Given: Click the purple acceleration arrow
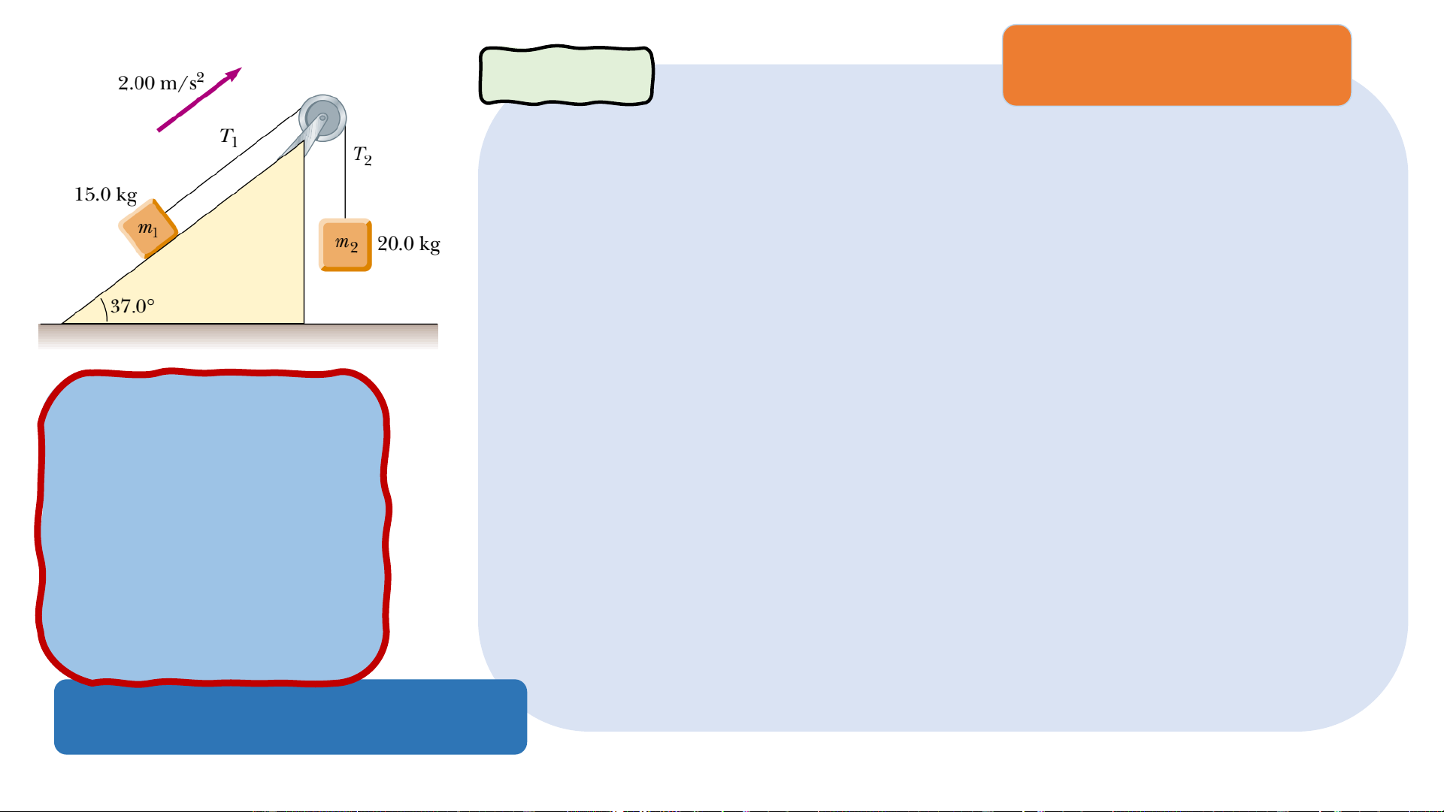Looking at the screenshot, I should [x=198, y=100].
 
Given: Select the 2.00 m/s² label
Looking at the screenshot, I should [x=161, y=82].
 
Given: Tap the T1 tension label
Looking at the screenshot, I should [x=229, y=137].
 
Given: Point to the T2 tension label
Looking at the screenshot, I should [x=362, y=155].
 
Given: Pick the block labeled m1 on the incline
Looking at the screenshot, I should [x=148, y=228].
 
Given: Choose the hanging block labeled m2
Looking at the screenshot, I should [x=345, y=244].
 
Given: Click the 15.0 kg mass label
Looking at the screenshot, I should [x=105, y=195].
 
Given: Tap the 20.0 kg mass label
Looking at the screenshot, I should [x=408, y=243].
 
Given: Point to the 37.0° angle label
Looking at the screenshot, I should [x=132, y=306].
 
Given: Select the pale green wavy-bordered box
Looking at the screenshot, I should [x=566, y=75].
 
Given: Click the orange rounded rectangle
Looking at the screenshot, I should [x=1176, y=65].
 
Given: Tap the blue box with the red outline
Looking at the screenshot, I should [x=213, y=526].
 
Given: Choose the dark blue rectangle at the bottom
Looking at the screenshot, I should [x=290, y=718].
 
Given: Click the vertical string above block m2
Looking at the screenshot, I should [x=345, y=180].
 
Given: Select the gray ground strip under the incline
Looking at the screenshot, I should [x=238, y=336].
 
